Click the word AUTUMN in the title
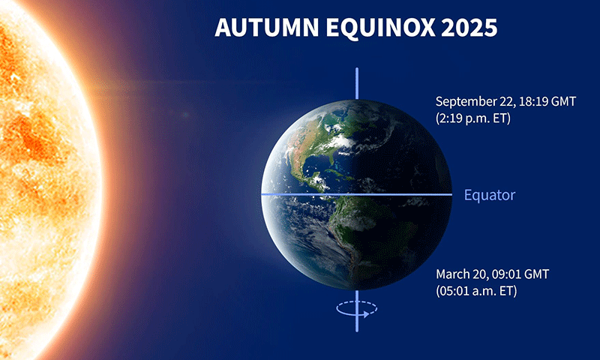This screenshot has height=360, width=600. pos(267,28)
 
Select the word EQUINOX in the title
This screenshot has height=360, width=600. pos(380,28)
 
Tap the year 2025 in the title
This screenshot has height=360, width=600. pos(469,28)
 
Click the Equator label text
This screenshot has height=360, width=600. pos(490,195)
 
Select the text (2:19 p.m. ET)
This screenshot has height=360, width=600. pos(473,118)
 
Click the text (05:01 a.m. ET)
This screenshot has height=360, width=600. pos(476,291)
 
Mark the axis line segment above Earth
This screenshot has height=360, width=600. pos(357,83)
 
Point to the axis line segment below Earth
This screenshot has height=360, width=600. pos(357,310)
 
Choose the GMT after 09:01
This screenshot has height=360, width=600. pos(536,274)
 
